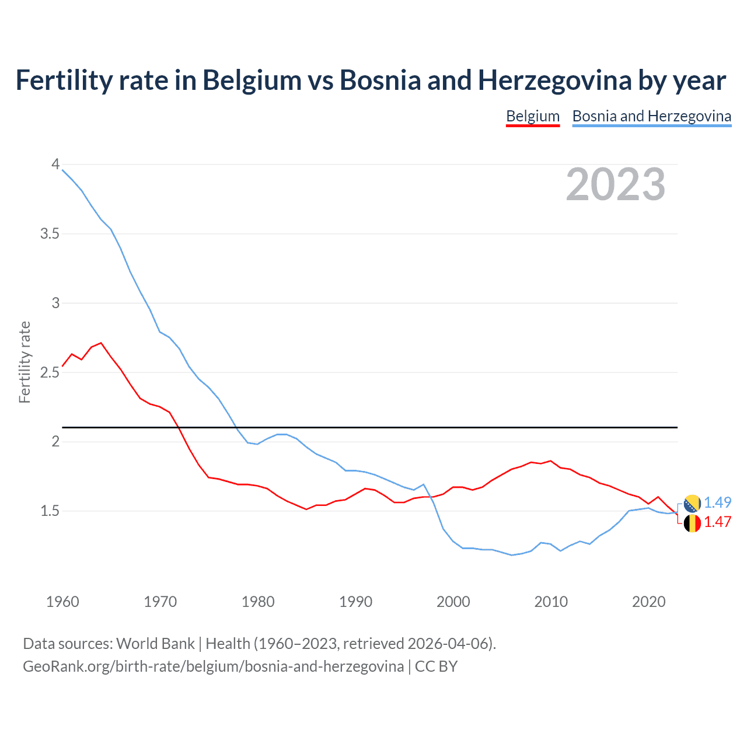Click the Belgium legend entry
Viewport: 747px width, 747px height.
click(x=533, y=116)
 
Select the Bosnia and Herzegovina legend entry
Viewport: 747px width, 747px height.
click(x=651, y=116)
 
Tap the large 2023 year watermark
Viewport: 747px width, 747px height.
click(x=616, y=184)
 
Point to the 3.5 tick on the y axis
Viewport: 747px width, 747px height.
click(x=50, y=234)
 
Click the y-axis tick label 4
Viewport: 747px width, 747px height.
click(x=55, y=165)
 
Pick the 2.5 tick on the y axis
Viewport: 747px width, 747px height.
click(x=50, y=372)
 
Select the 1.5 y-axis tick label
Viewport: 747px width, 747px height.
click(x=50, y=511)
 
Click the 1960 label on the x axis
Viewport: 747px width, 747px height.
click(x=62, y=602)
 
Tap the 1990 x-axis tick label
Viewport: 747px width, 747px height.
click(x=355, y=602)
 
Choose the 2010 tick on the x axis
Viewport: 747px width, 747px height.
click(x=551, y=602)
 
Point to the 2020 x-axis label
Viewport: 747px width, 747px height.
click(x=648, y=602)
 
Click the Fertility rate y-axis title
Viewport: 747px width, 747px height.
click(x=25, y=362)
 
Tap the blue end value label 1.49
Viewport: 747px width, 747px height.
click(x=717, y=502)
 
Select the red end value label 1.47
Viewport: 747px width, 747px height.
click(x=717, y=522)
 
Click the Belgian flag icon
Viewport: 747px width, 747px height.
click(x=692, y=523)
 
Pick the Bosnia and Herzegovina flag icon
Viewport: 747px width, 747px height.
click(x=692, y=503)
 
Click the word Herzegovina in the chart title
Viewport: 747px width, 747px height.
click(x=554, y=81)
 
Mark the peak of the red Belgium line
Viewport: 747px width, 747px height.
click(x=101, y=343)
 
